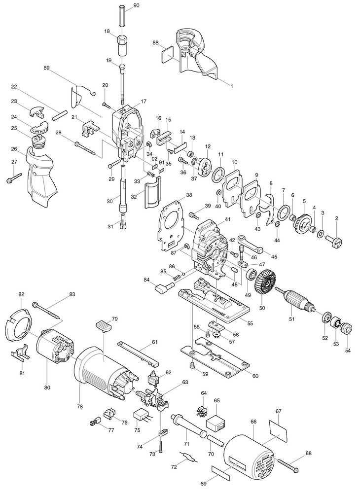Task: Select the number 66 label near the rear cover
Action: coord(253,422)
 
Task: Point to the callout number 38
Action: coord(189,195)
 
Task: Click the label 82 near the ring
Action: coord(21,294)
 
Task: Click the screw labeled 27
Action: coord(13,177)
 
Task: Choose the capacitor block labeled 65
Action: coord(215,423)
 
